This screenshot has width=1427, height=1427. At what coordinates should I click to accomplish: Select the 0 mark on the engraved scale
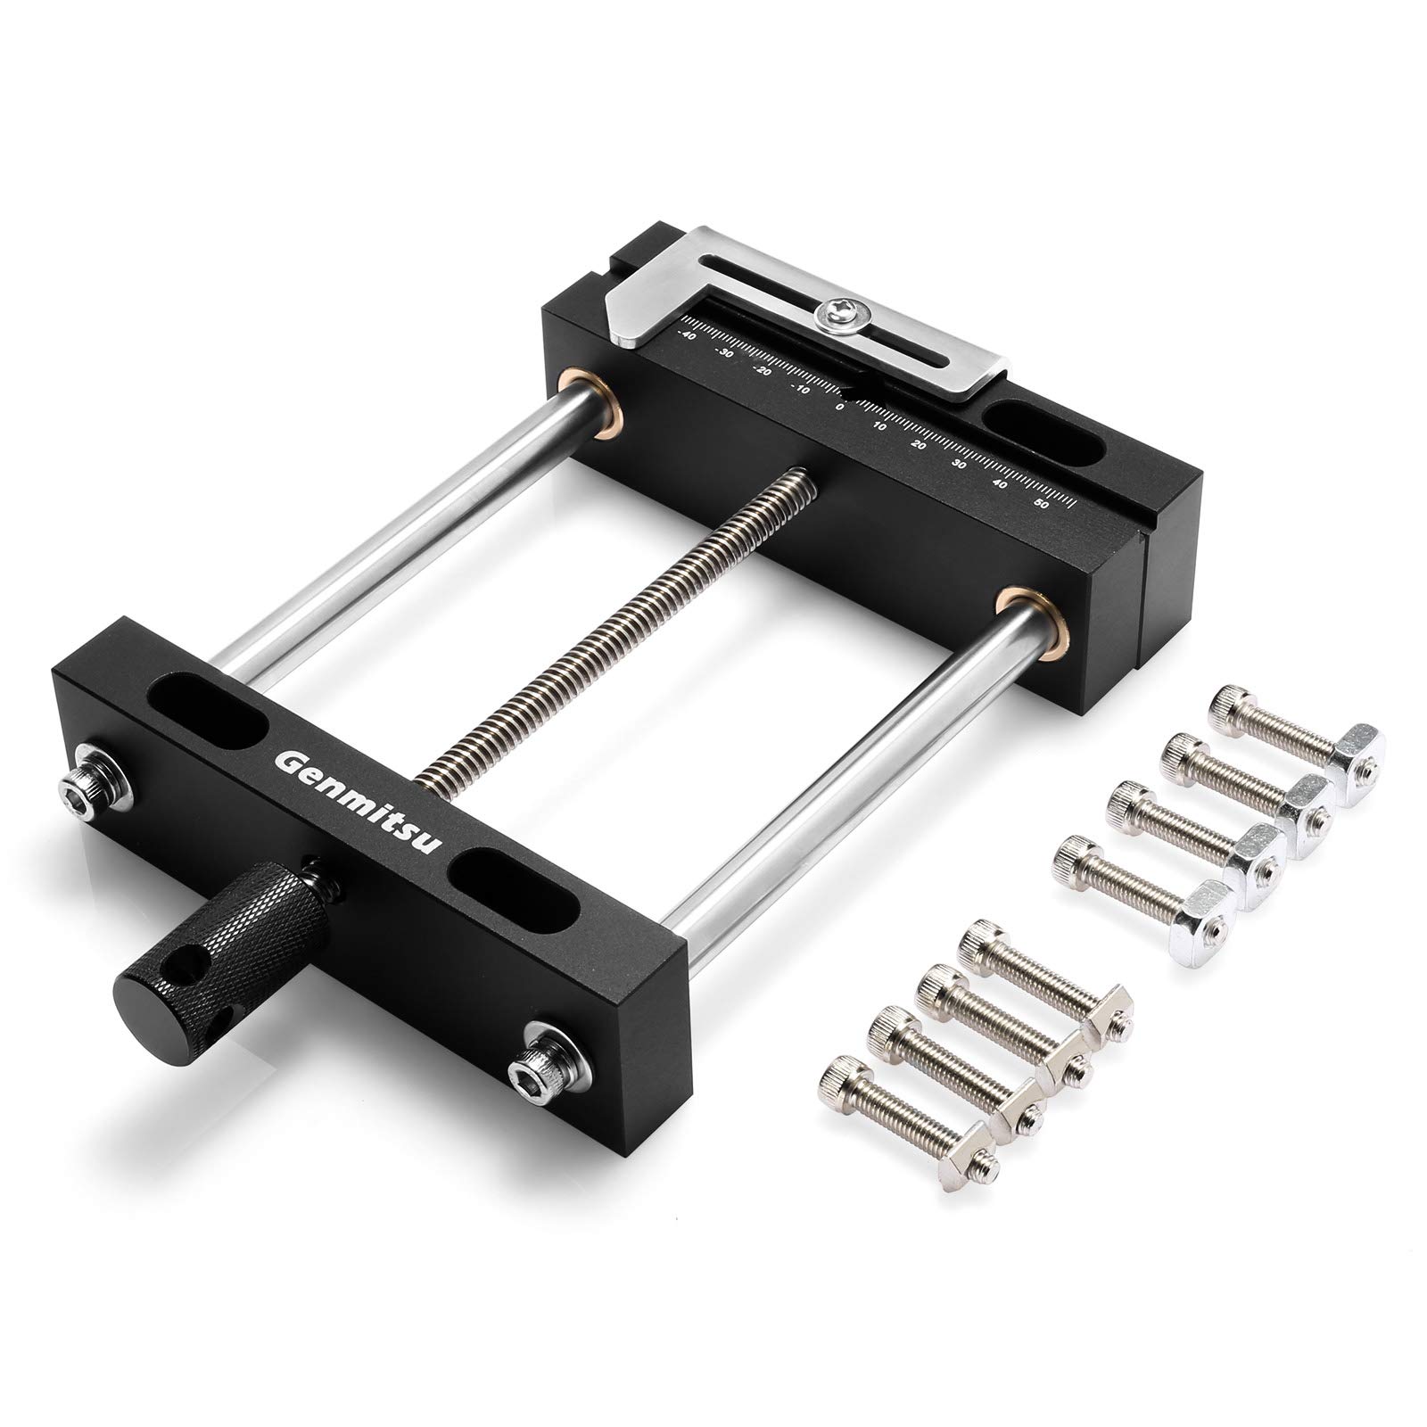(839, 406)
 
